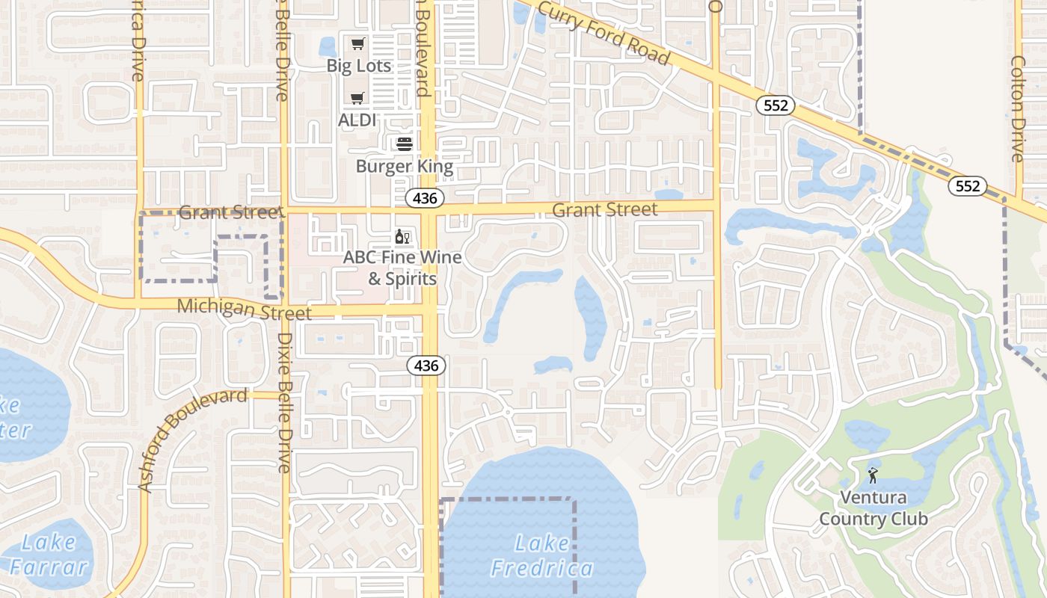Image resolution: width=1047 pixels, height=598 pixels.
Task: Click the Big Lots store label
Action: click(x=359, y=66)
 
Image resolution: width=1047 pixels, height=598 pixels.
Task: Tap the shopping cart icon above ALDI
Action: click(x=357, y=98)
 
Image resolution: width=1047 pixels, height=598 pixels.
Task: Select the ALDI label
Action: click(x=357, y=120)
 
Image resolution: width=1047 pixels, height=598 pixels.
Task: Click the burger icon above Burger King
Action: click(x=405, y=144)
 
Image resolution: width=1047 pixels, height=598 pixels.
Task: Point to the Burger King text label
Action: click(x=405, y=166)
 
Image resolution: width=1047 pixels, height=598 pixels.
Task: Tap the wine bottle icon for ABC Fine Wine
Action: click(x=402, y=237)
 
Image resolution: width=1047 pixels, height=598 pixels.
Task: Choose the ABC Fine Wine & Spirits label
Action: click(x=402, y=268)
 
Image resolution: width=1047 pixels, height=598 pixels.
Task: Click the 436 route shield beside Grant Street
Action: click(x=426, y=198)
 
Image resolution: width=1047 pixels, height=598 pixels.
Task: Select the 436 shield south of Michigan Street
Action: click(x=426, y=366)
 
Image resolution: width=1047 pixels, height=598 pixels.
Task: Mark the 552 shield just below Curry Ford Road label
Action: click(x=776, y=105)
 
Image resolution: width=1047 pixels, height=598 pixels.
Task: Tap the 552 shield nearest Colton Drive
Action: click(x=968, y=185)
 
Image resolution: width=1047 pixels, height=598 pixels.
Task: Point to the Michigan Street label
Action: click(x=244, y=308)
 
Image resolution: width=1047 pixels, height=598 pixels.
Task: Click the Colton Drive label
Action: click(x=1017, y=108)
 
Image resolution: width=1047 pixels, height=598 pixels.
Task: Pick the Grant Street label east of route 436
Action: click(x=605, y=209)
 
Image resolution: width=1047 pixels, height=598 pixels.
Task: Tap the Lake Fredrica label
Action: click(x=542, y=556)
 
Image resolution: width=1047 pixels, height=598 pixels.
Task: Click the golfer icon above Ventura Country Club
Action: click(x=873, y=474)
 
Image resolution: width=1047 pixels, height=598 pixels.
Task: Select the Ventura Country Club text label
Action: click(x=873, y=508)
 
